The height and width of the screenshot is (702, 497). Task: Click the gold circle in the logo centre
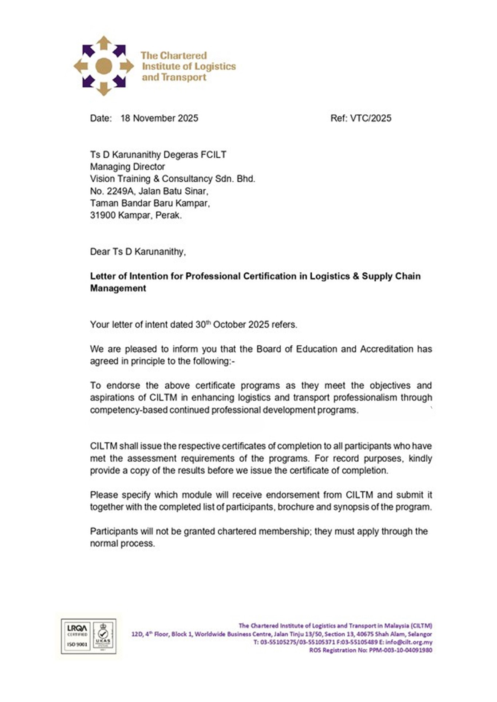coord(104,66)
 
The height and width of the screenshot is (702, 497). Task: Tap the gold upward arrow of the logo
coord(104,42)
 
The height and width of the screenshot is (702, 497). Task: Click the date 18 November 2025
coord(159,118)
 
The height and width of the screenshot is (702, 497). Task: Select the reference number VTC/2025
coord(371,118)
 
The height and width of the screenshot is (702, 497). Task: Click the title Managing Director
coord(127,167)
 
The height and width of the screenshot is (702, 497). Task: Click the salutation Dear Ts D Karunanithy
coord(138,252)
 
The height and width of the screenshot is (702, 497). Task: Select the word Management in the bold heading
coord(118,288)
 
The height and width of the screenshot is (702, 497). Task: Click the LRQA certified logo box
coord(77,636)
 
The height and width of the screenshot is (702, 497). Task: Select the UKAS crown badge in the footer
coord(103,636)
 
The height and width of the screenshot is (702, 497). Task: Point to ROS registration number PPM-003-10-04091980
coord(401,650)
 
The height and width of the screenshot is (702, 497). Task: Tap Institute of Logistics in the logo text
coord(189,66)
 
